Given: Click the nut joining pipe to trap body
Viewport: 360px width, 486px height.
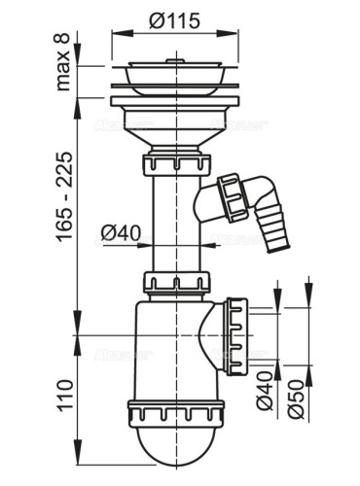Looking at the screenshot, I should click(x=174, y=283).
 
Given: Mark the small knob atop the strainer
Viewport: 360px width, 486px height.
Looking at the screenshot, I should click(x=174, y=60).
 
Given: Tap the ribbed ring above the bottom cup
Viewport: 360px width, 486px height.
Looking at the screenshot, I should click(x=174, y=412).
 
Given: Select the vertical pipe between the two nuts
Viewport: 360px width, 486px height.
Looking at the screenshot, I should click(x=174, y=224).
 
